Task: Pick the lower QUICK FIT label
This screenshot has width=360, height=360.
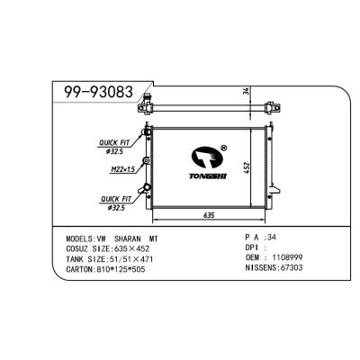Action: tap(114, 200)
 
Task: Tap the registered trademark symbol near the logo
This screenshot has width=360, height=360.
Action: tap(222, 148)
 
